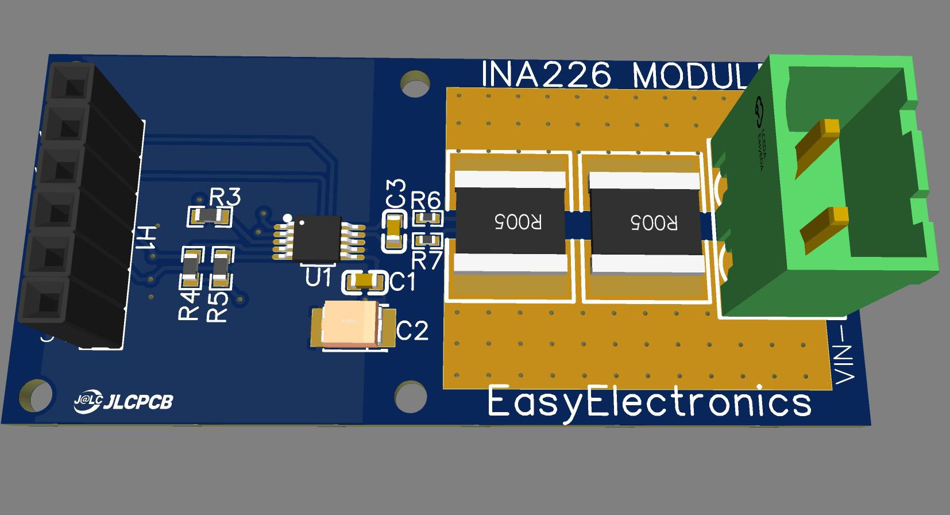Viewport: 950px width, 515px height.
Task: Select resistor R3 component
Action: tap(210, 217)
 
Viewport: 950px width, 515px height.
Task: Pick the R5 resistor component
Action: tap(221, 267)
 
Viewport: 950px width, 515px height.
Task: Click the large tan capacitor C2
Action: tap(352, 324)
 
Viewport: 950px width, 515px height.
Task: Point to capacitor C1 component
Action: tap(364, 282)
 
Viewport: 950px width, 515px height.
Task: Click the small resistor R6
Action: tap(428, 219)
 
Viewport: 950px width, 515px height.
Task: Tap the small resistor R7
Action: tap(428, 240)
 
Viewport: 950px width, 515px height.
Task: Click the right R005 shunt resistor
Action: tap(647, 222)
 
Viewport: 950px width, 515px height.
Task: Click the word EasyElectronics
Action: tap(649, 402)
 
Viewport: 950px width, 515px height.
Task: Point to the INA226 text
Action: tap(546, 75)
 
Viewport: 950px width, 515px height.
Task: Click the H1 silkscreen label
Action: tap(146, 238)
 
